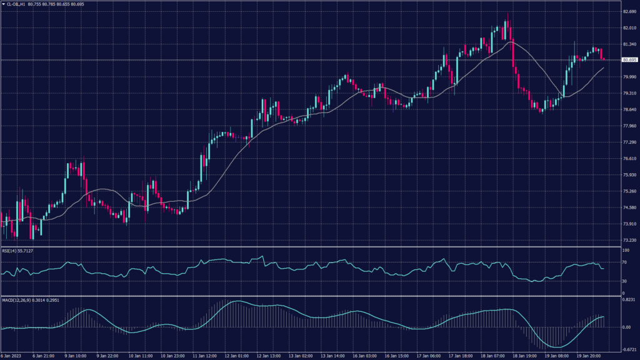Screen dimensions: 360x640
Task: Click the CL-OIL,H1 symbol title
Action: (x=17, y=4)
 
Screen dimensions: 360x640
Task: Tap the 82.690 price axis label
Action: (x=629, y=12)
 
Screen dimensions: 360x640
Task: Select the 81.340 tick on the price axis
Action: (x=629, y=44)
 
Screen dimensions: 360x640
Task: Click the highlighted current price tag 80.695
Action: (x=629, y=60)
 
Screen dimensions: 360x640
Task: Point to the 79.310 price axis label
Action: (x=629, y=93)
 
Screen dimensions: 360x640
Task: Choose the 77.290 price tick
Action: (x=629, y=142)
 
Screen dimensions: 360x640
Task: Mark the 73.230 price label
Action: (x=629, y=240)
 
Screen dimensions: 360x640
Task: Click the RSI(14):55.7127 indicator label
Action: (x=17, y=251)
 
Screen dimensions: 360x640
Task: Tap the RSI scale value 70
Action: (x=624, y=262)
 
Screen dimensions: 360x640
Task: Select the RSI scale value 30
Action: (x=624, y=281)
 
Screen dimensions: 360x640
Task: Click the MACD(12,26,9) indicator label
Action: (x=17, y=301)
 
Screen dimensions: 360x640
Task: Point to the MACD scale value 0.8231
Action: (x=629, y=301)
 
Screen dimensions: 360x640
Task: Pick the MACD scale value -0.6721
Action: (x=629, y=350)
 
